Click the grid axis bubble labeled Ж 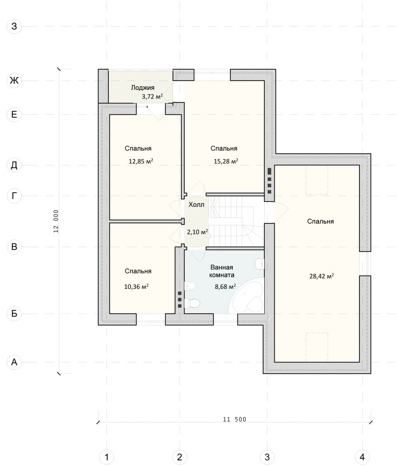click(x=14, y=80)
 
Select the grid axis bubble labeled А click(x=14, y=362)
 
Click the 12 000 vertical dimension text click(x=56, y=221)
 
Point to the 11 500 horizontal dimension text click(x=234, y=420)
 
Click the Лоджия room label click(x=143, y=88)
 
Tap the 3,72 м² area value click(x=152, y=97)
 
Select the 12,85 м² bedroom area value click(x=141, y=162)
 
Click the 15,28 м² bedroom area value click(x=226, y=162)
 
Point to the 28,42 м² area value click(x=321, y=276)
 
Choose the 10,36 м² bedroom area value click(x=136, y=287)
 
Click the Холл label click(x=196, y=205)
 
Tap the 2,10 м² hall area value click(x=197, y=232)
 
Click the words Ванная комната click(x=222, y=271)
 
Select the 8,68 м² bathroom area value click(x=225, y=287)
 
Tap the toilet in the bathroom click(x=192, y=303)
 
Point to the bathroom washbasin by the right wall click(x=260, y=264)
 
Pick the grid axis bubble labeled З click(x=14, y=26)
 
